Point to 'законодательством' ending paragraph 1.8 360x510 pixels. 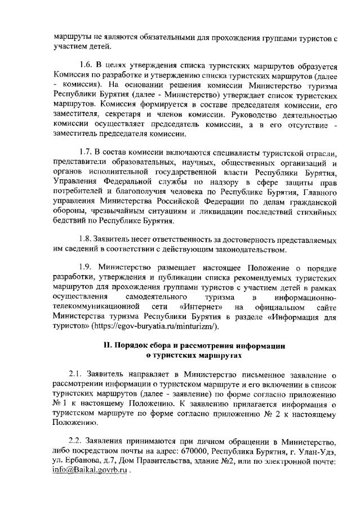click(253, 248)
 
